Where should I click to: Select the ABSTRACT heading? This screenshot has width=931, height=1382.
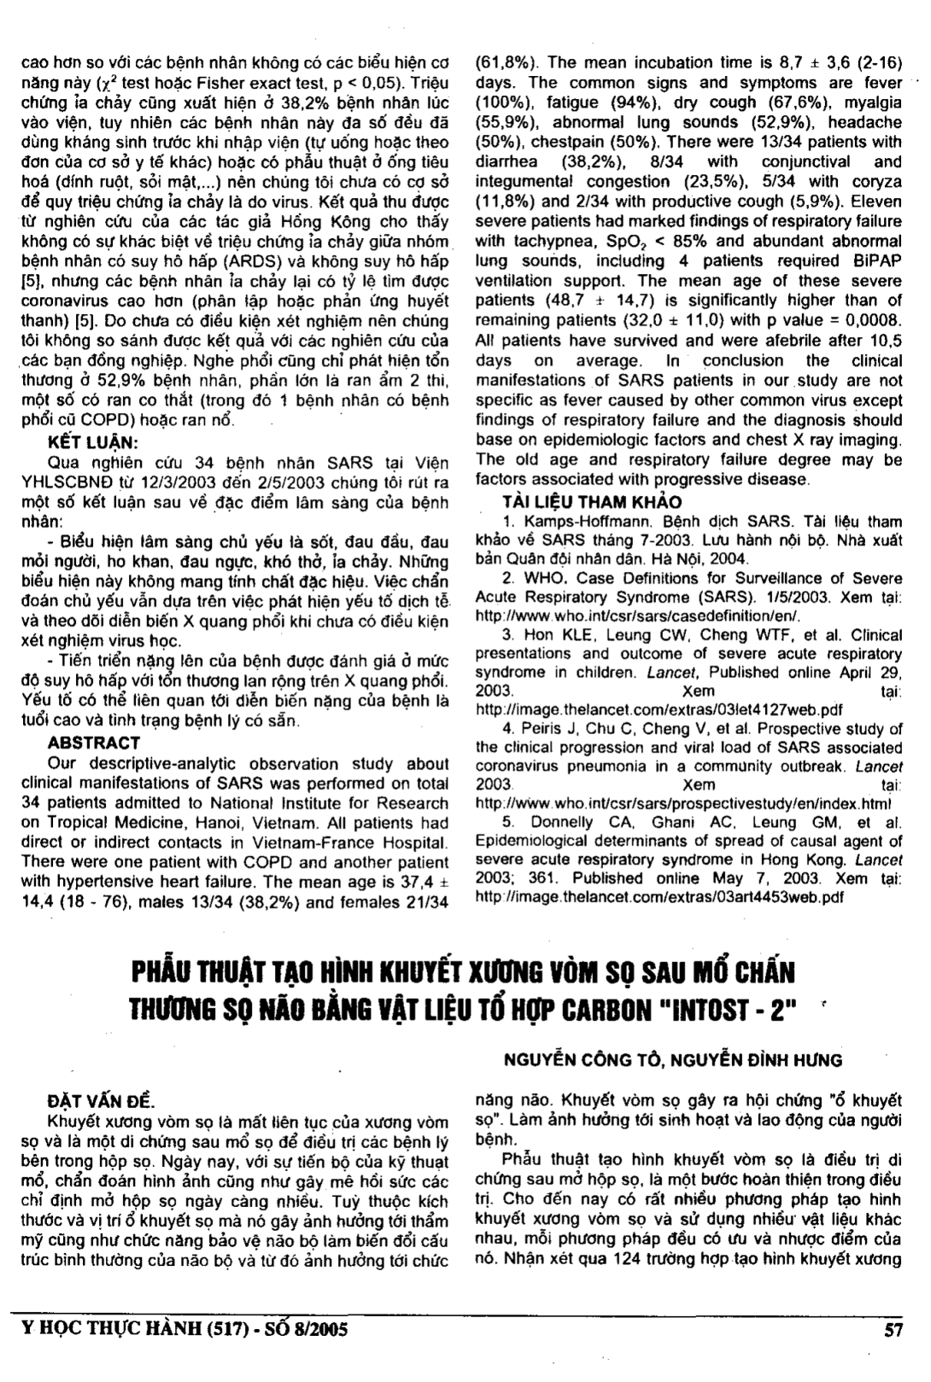click(94, 743)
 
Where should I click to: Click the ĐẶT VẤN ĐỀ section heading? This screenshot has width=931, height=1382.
click(100, 1102)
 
